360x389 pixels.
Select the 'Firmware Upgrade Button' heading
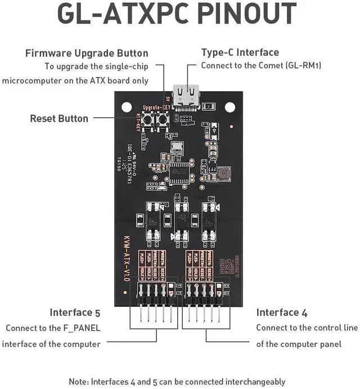[x=87, y=53]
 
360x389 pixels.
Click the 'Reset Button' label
[x=59, y=118]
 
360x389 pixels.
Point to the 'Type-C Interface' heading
[x=240, y=52]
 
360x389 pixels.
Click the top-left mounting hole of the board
[x=127, y=106]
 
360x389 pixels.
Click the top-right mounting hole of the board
[x=230, y=106]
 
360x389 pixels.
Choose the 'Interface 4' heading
[x=278, y=312]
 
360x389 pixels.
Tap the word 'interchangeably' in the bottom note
[x=254, y=381]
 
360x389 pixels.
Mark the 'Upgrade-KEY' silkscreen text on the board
[x=156, y=107]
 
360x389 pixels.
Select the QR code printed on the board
[x=227, y=266]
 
